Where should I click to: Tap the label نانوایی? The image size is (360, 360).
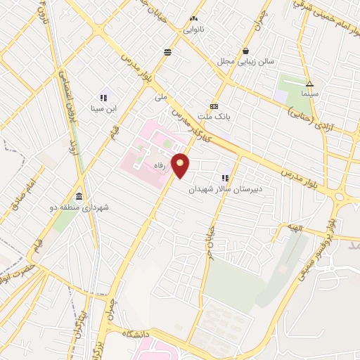(x=194, y=30)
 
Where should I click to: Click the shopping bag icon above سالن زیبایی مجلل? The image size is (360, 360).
(x=245, y=51)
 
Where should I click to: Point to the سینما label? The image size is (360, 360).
(x=309, y=94)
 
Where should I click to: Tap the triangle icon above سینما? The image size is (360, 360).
(x=309, y=84)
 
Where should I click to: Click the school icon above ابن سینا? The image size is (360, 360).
(x=103, y=98)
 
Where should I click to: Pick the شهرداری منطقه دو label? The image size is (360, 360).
(x=79, y=207)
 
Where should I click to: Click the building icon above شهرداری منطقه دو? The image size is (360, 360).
(x=79, y=196)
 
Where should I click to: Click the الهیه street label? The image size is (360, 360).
(x=295, y=226)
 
